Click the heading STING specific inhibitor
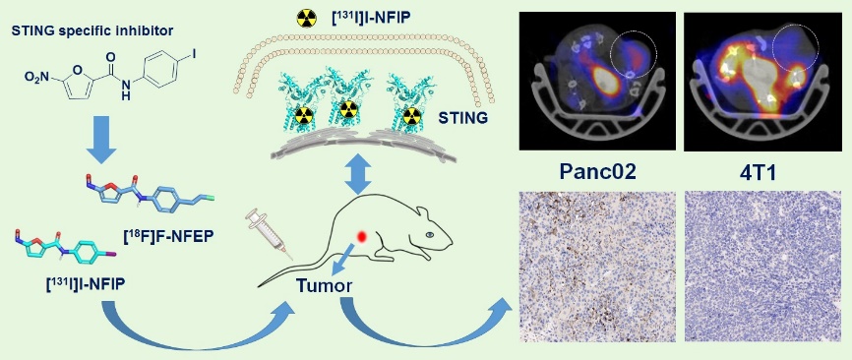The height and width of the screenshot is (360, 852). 91,30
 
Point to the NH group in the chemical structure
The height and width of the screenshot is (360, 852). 127,90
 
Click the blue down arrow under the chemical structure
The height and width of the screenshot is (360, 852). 101,144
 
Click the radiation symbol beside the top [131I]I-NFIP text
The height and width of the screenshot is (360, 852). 306,18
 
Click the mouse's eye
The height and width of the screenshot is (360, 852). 431,234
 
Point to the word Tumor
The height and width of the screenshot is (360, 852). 324,284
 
